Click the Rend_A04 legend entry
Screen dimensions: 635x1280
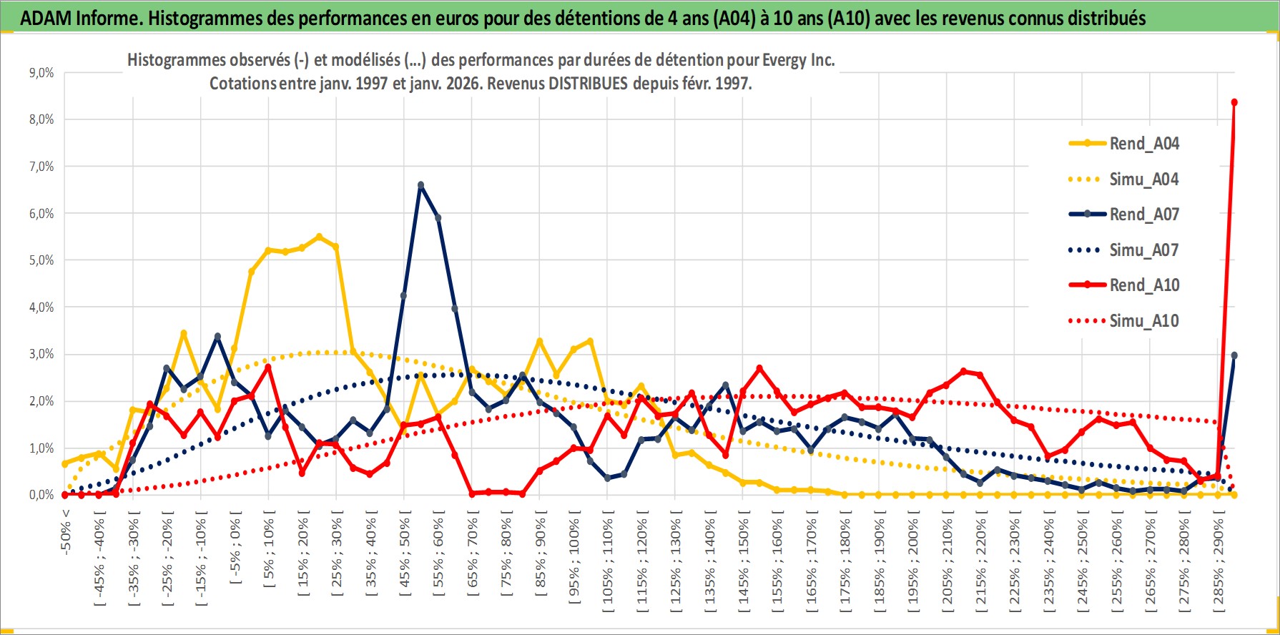pos(1143,144)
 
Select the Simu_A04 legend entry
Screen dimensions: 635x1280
pos(1143,179)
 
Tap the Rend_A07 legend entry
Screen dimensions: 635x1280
pos(1143,215)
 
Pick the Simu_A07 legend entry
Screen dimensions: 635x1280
pos(1143,250)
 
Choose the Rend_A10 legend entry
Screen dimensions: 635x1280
pos(1143,285)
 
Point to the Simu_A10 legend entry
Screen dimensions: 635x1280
pos(1143,321)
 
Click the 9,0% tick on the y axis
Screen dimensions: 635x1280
pos(41,73)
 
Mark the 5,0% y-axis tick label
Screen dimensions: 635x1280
pos(41,260)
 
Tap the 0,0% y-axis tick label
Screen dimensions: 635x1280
pos(41,495)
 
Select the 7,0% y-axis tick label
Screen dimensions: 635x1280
pos(41,167)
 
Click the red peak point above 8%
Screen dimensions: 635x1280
pos(1234,102)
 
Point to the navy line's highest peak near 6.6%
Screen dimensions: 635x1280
pos(420,185)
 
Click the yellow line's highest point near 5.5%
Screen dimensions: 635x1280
pos(319,237)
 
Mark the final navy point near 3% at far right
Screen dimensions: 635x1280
pos(1234,355)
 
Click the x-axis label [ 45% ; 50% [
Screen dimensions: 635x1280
pos(405,558)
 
